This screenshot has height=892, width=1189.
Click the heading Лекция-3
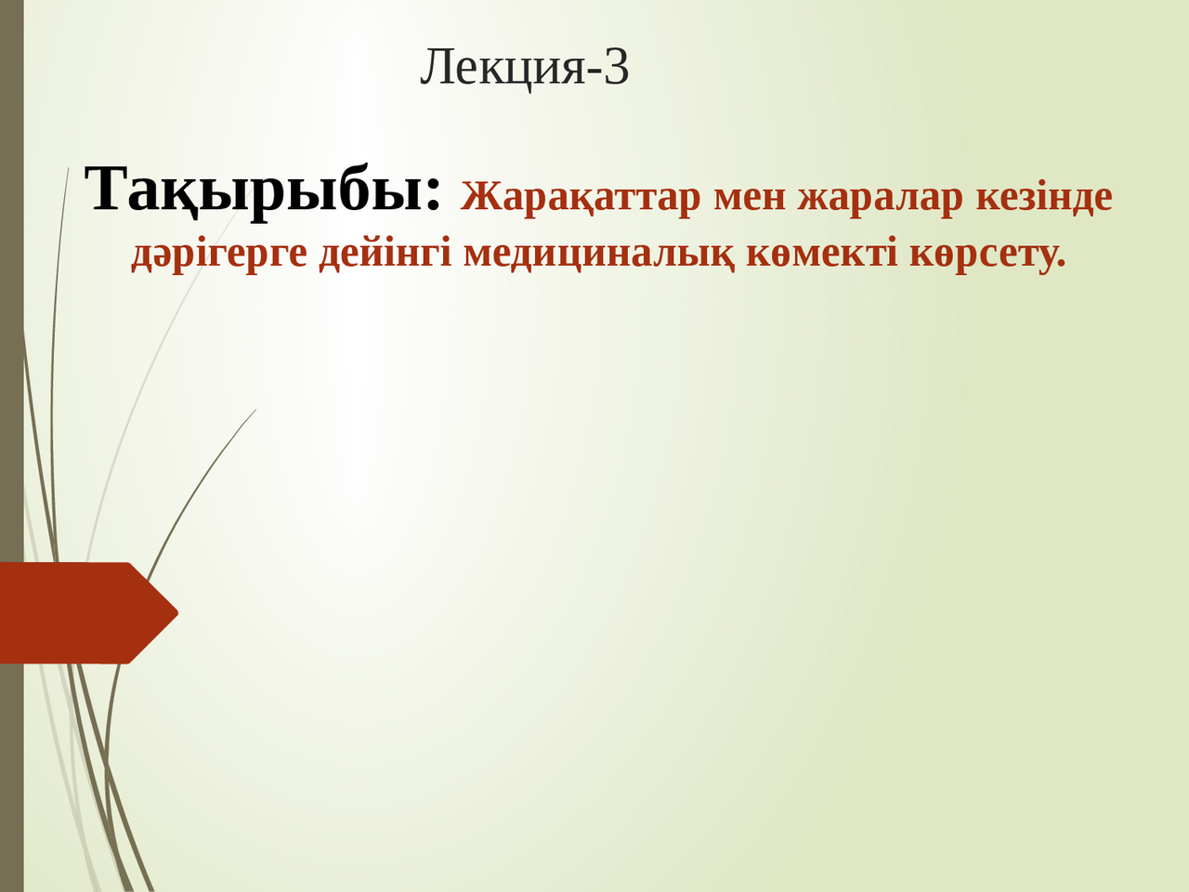point(525,67)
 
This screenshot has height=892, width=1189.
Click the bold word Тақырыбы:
point(263,189)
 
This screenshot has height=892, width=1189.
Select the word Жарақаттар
point(580,197)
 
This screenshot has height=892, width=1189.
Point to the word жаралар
point(881,197)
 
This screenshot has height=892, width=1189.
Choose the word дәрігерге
point(219,253)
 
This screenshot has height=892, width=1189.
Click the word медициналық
point(599,253)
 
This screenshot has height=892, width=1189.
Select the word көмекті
point(822,253)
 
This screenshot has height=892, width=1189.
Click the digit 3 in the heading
point(617,67)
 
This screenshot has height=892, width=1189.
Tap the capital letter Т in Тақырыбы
point(105,189)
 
